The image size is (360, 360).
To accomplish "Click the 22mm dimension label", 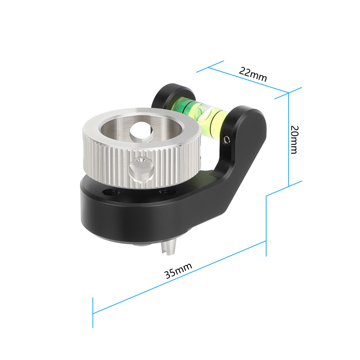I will (x=253, y=74).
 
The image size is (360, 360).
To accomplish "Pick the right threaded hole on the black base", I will (x=167, y=191).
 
